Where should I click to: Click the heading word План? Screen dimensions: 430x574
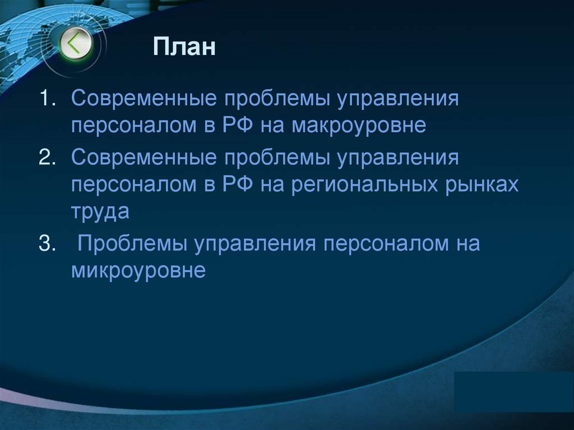click(x=184, y=47)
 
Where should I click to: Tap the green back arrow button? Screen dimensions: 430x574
click(x=76, y=44)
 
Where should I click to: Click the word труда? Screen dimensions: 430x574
click(x=100, y=211)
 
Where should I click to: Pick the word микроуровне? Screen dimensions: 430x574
click(x=139, y=271)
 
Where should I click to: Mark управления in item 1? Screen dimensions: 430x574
click(x=398, y=99)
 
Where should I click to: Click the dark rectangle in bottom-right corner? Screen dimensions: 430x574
click(x=513, y=392)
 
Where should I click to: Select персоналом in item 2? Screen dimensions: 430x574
click(x=131, y=184)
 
